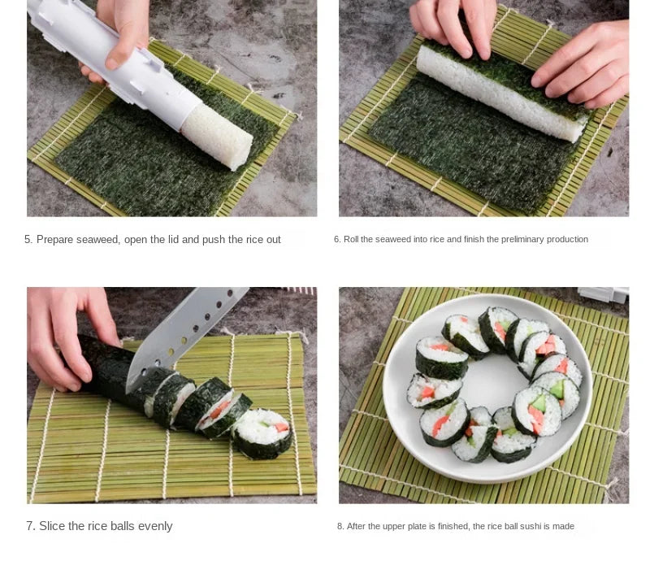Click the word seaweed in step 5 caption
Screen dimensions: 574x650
click(x=99, y=240)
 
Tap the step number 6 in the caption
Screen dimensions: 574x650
click(x=336, y=240)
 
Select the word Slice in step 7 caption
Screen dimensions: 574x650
click(x=53, y=526)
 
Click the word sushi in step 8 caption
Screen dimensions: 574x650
click(x=534, y=527)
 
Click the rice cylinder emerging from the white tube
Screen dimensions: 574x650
click(x=217, y=135)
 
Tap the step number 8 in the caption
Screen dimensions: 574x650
click(x=340, y=527)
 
